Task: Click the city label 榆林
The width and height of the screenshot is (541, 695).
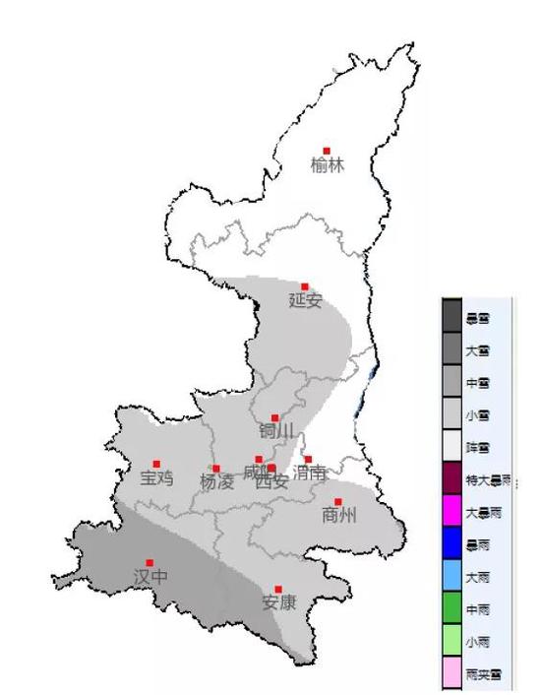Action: (x=328, y=166)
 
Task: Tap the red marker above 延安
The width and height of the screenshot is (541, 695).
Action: (x=305, y=286)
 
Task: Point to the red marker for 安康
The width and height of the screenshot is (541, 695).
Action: (x=278, y=589)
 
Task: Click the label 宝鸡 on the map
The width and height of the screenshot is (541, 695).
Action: (x=156, y=478)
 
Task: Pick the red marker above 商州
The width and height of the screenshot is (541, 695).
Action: (x=337, y=501)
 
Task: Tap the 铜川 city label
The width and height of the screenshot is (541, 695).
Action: (x=276, y=432)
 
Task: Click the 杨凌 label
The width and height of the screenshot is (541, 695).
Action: (x=216, y=482)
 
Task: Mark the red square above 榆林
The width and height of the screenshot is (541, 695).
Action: (x=328, y=151)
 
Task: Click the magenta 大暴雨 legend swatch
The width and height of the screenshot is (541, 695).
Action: (x=452, y=513)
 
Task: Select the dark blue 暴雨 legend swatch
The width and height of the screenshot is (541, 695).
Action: (x=452, y=545)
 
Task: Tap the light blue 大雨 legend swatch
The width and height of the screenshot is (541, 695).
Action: (x=452, y=578)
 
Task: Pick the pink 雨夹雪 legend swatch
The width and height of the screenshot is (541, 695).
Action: (x=452, y=674)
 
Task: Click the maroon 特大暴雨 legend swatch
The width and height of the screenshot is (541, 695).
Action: (x=452, y=480)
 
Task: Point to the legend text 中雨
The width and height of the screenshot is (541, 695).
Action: (x=478, y=610)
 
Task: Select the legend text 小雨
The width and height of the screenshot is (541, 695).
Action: (x=478, y=642)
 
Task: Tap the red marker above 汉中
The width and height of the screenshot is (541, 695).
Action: (x=150, y=562)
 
